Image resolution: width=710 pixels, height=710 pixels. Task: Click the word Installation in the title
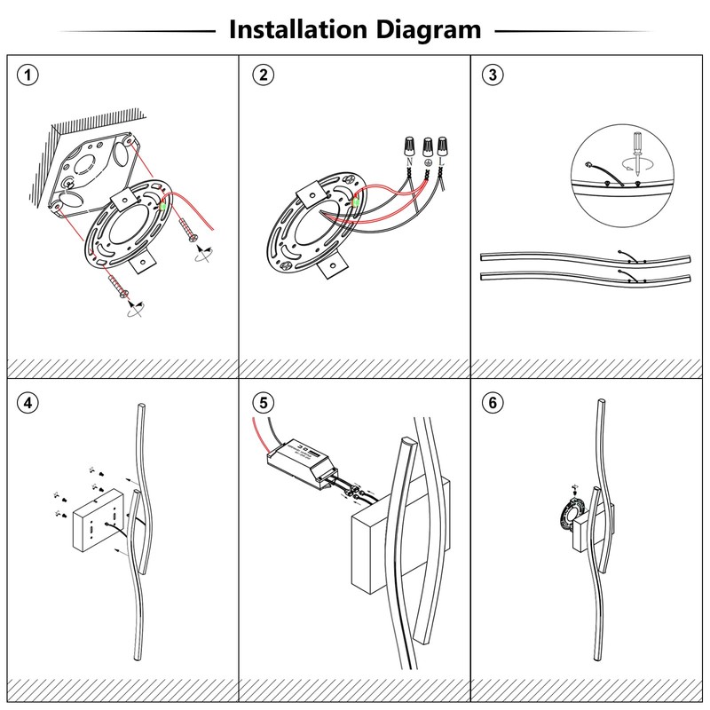(x=291, y=29)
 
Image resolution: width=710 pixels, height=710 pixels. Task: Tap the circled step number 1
(x=29, y=75)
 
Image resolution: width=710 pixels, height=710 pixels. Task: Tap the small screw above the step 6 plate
(x=576, y=487)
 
